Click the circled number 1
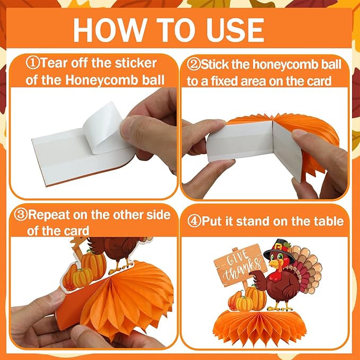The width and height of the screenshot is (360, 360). [x=32, y=63]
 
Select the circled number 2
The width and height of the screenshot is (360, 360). [x=194, y=64]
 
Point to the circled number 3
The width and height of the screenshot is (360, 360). [x=21, y=214]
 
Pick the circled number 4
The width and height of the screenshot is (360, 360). [x=194, y=221]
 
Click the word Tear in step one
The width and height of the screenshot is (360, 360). [x=54, y=63]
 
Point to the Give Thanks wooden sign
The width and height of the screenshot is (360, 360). [x=240, y=266]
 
